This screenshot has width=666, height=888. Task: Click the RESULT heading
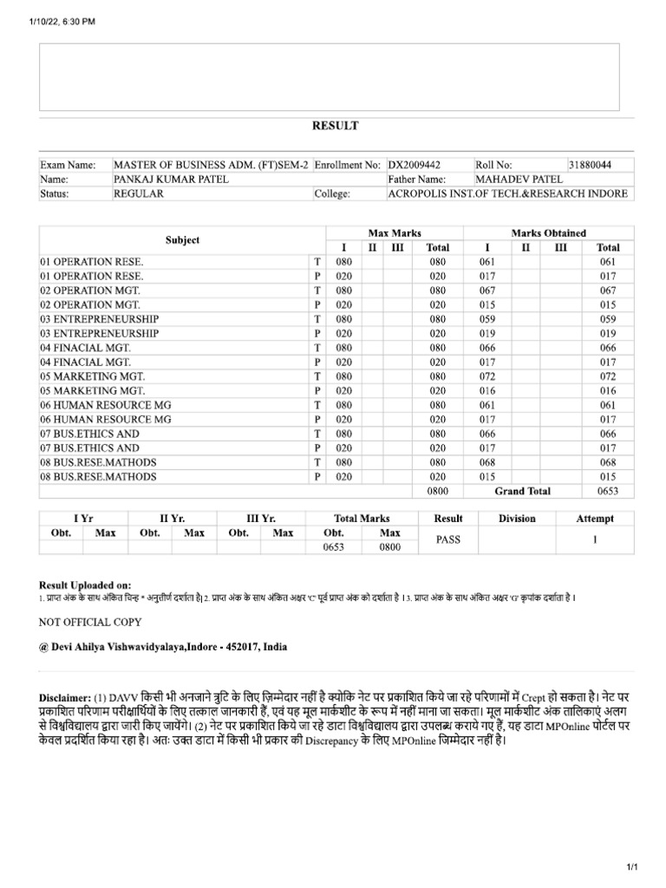click(335, 126)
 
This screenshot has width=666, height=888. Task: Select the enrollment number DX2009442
click(415, 164)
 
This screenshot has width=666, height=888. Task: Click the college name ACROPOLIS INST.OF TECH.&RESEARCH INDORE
click(507, 193)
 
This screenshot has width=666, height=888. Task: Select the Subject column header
click(182, 240)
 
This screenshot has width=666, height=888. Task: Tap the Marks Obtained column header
click(548, 233)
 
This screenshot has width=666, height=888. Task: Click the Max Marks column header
click(395, 233)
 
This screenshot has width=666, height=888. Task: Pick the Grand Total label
click(522, 491)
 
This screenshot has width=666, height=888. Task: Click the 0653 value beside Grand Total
click(608, 491)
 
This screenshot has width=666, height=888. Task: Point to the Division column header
click(517, 519)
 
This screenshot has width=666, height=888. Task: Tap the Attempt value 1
click(595, 539)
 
